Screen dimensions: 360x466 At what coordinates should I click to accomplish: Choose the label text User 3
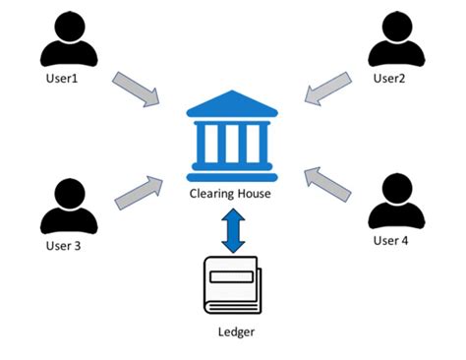(x=62, y=245)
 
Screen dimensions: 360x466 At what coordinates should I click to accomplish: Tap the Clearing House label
(x=231, y=194)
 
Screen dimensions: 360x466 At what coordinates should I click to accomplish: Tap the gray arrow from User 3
(x=137, y=193)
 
